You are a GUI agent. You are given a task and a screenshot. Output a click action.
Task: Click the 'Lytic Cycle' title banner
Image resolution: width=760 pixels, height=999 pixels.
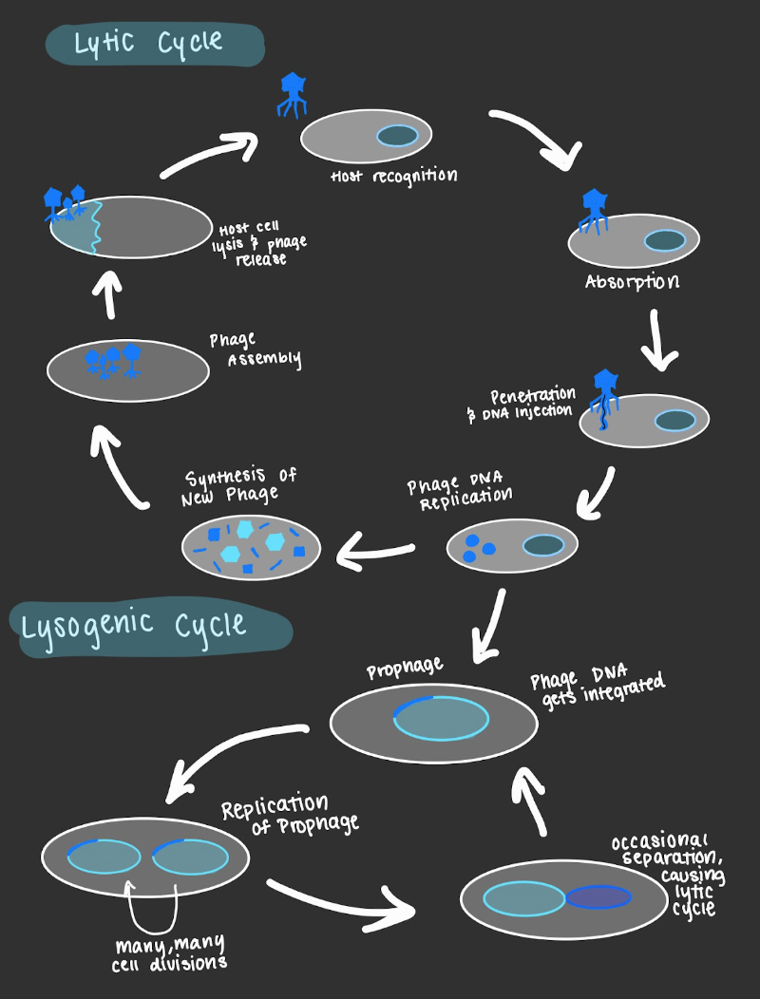pos(152,44)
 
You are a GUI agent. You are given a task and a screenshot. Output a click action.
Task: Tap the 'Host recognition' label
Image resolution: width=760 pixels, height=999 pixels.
pos(393,178)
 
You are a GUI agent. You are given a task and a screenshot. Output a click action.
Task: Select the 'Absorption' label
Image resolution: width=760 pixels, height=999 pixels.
pos(632,283)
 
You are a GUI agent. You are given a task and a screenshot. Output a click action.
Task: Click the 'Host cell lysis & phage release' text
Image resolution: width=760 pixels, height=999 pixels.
pos(262,243)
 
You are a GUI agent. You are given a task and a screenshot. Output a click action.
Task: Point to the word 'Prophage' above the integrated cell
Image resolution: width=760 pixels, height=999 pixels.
pos(405,669)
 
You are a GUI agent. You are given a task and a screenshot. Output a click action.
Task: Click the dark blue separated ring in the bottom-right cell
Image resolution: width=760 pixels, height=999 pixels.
pos(598,897)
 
